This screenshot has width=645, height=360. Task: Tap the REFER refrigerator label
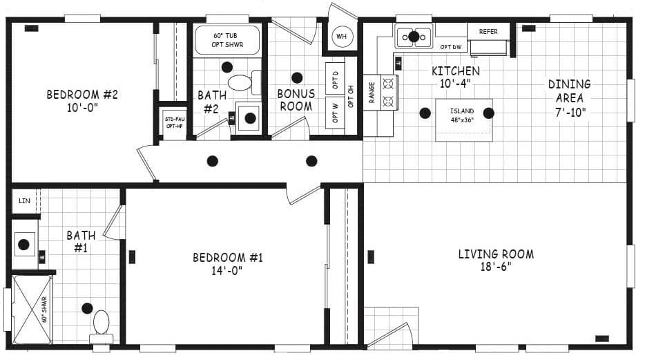coord(488,32)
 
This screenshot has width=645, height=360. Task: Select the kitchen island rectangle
coord(463,120)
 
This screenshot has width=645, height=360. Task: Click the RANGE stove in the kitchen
coord(380,93)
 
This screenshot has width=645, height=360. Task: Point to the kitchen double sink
coord(413,37)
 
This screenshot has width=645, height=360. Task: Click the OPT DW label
coord(450,47)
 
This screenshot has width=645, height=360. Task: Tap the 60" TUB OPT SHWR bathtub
coord(227,39)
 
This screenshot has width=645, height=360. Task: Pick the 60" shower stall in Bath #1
coord(32,310)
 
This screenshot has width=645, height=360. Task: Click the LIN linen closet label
coord(25,201)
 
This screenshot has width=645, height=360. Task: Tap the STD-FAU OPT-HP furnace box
coord(173,123)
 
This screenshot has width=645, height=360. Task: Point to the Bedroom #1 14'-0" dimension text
coord(227,271)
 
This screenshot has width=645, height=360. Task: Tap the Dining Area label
coord(569,91)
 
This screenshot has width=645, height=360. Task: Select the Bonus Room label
coord(296,100)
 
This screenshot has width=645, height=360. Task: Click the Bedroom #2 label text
coord(82,95)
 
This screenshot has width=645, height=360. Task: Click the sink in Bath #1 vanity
coord(25,244)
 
